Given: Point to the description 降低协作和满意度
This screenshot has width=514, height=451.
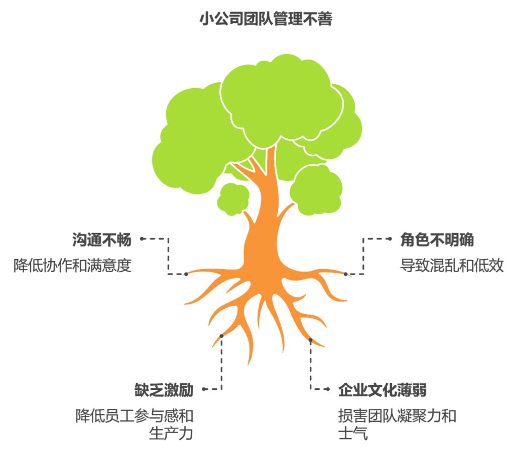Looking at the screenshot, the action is pos(72,266).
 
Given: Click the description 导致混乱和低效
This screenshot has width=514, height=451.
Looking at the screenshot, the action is pos(452,266).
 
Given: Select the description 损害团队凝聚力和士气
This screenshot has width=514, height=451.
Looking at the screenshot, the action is pos(397,424).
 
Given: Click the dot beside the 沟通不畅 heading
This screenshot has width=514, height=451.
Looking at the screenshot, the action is pos(142,240).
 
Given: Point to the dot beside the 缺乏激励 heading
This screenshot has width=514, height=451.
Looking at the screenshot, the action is pos(204,389).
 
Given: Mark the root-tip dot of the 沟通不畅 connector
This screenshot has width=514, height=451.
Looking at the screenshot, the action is pos(186,274).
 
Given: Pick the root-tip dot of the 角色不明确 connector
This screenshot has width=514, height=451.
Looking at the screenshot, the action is pos(345,274).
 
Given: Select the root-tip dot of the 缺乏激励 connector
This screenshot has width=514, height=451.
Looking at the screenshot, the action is pos(221,336).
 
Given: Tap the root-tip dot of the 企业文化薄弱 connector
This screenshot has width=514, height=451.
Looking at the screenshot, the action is pos(310,340).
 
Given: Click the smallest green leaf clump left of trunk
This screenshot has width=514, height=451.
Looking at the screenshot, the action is pos(233,199).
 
